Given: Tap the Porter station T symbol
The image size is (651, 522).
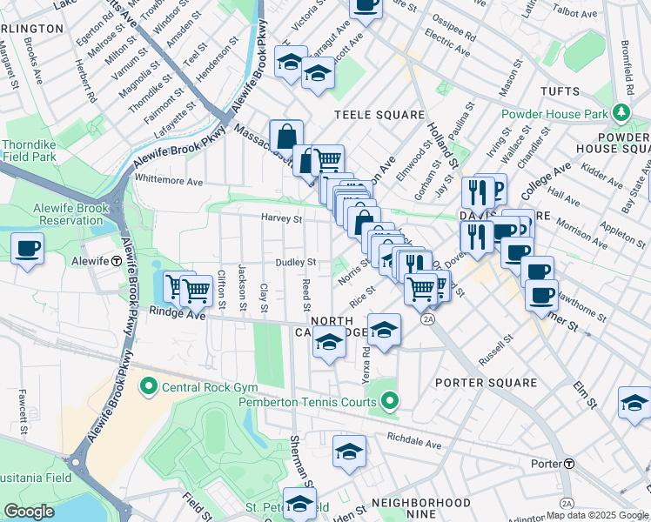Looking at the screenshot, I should (x=569, y=464).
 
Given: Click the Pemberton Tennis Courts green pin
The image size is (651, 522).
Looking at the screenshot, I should (x=390, y=402).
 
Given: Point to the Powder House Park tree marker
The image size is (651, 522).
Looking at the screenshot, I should (x=621, y=113).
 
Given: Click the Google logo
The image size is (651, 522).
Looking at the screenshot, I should (x=29, y=512).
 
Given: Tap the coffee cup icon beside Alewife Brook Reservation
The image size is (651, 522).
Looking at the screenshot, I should (x=28, y=249).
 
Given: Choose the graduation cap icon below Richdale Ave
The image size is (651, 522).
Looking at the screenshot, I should (x=349, y=452).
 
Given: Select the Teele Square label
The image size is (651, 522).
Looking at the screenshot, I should (x=379, y=115).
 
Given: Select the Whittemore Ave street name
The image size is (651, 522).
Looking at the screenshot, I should (x=168, y=181).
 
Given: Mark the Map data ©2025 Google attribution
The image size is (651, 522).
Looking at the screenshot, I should (x=597, y=515).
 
